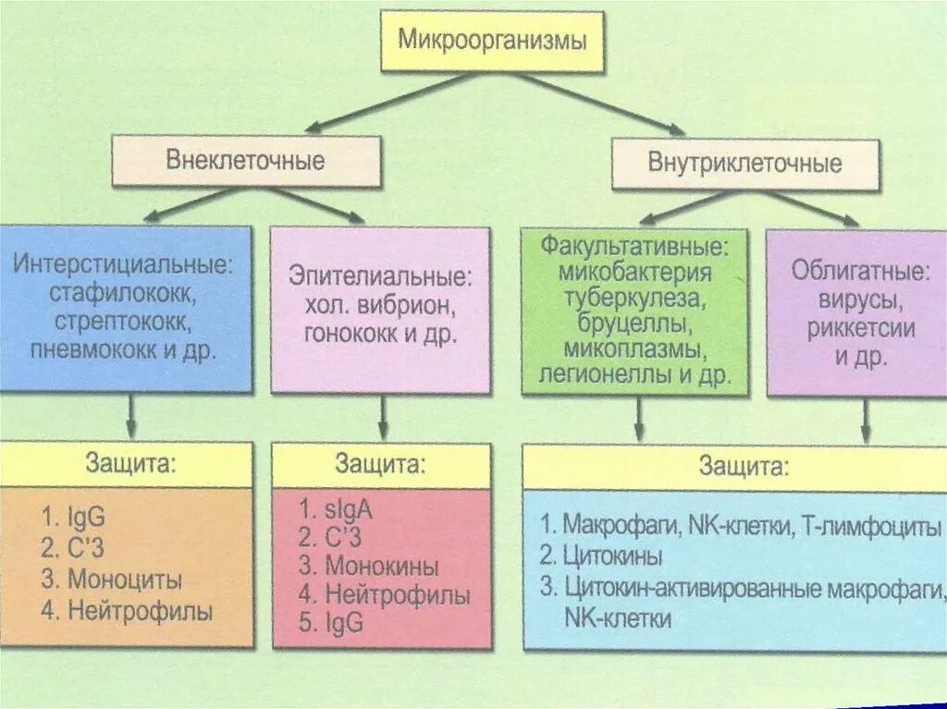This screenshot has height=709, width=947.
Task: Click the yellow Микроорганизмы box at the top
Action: point(492,42)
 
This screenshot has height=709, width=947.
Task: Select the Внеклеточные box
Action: point(245,161)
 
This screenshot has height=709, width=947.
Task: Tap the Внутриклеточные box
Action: point(744,165)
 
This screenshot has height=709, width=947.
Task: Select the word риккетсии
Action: point(860,328)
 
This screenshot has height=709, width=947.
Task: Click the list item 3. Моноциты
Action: point(112,581)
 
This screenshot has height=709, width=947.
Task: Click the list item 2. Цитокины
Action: point(602,556)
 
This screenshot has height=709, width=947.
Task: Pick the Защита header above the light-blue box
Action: point(744,466)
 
